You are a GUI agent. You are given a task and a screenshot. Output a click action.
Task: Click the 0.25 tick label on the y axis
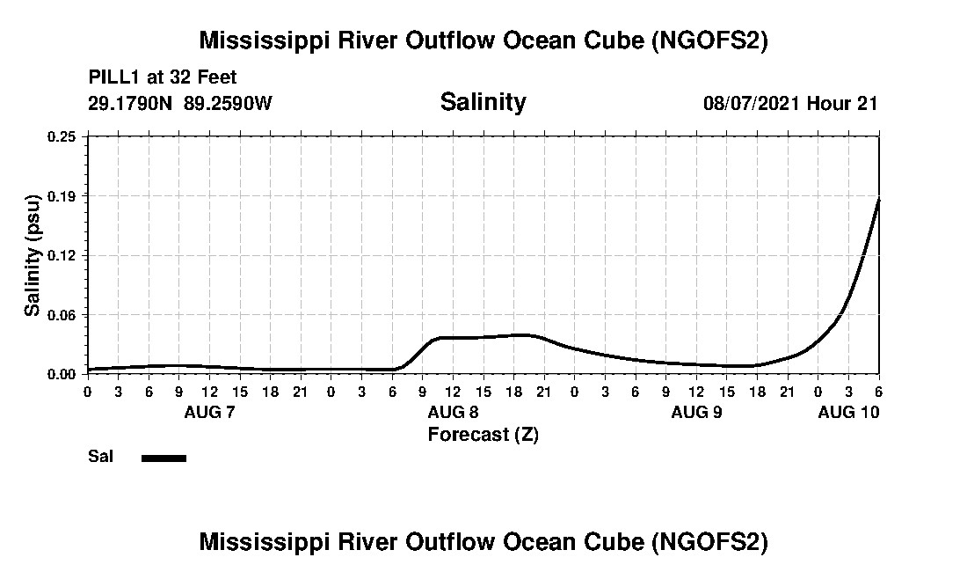click(x=62, y=136)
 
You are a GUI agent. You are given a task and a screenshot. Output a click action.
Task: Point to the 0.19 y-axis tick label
click(x=62, y=195)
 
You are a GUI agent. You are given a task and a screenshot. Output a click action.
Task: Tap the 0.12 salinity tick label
click(x=62, y=255)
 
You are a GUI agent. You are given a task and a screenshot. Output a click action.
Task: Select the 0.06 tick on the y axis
click(x=62, y=315)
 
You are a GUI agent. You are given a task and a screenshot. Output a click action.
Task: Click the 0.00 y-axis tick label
click(x=62, y=374)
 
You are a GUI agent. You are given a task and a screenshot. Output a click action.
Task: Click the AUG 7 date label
click(x=209, y=412)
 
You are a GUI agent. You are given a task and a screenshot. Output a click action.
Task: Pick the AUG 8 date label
click(x=453, y=412)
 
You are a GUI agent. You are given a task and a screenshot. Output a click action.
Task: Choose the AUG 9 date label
click(x=696, y=412)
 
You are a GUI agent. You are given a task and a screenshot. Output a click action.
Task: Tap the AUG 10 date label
click(x=848, y=412)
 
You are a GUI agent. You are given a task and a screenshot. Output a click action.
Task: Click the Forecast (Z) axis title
click(x=483, y=435)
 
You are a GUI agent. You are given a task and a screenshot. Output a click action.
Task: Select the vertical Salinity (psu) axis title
click(x=33, y=255)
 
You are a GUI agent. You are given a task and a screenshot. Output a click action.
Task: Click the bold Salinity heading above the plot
click(x=483, y=102)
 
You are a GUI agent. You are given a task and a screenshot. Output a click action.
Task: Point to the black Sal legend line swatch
click(x=164, y=458)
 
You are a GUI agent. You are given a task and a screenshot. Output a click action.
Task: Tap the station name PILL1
click(x=113, y=77)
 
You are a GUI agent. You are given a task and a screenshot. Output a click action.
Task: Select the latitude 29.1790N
click(x=131, y=103)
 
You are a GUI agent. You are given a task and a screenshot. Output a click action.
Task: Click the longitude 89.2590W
click(x=228, y=103)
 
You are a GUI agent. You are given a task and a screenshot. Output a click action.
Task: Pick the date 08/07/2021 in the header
click(x=752, y=103)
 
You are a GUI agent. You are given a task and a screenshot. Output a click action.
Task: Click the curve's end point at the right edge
click(x=879, y=199)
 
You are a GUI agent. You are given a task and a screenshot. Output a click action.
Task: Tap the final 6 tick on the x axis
click(x=879, y=391)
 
